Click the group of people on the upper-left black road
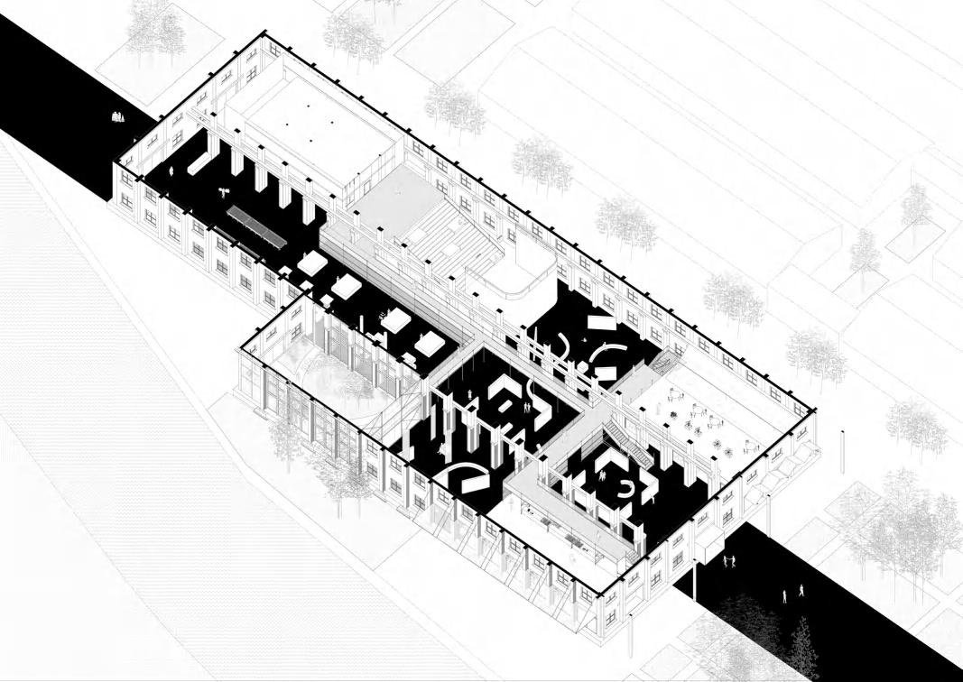coord(117,116)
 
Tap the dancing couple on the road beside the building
coord(727,561)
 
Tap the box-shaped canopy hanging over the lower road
coord(708,542)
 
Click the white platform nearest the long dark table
coord(312,263)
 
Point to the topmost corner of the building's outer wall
coord(264,33)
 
